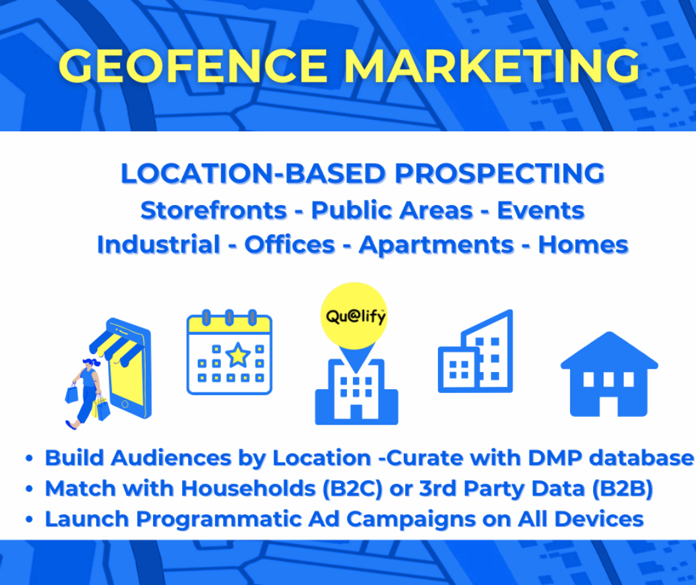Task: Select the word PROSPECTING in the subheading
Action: click(499, 173)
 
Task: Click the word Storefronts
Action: click(214, 210)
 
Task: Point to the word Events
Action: click(541, 210)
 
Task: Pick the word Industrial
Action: click(158, 245)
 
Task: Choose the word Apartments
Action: click(436, 245)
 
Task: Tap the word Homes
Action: click(583, 245)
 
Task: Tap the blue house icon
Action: click(609, 374)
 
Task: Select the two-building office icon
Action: click(476, 353)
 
